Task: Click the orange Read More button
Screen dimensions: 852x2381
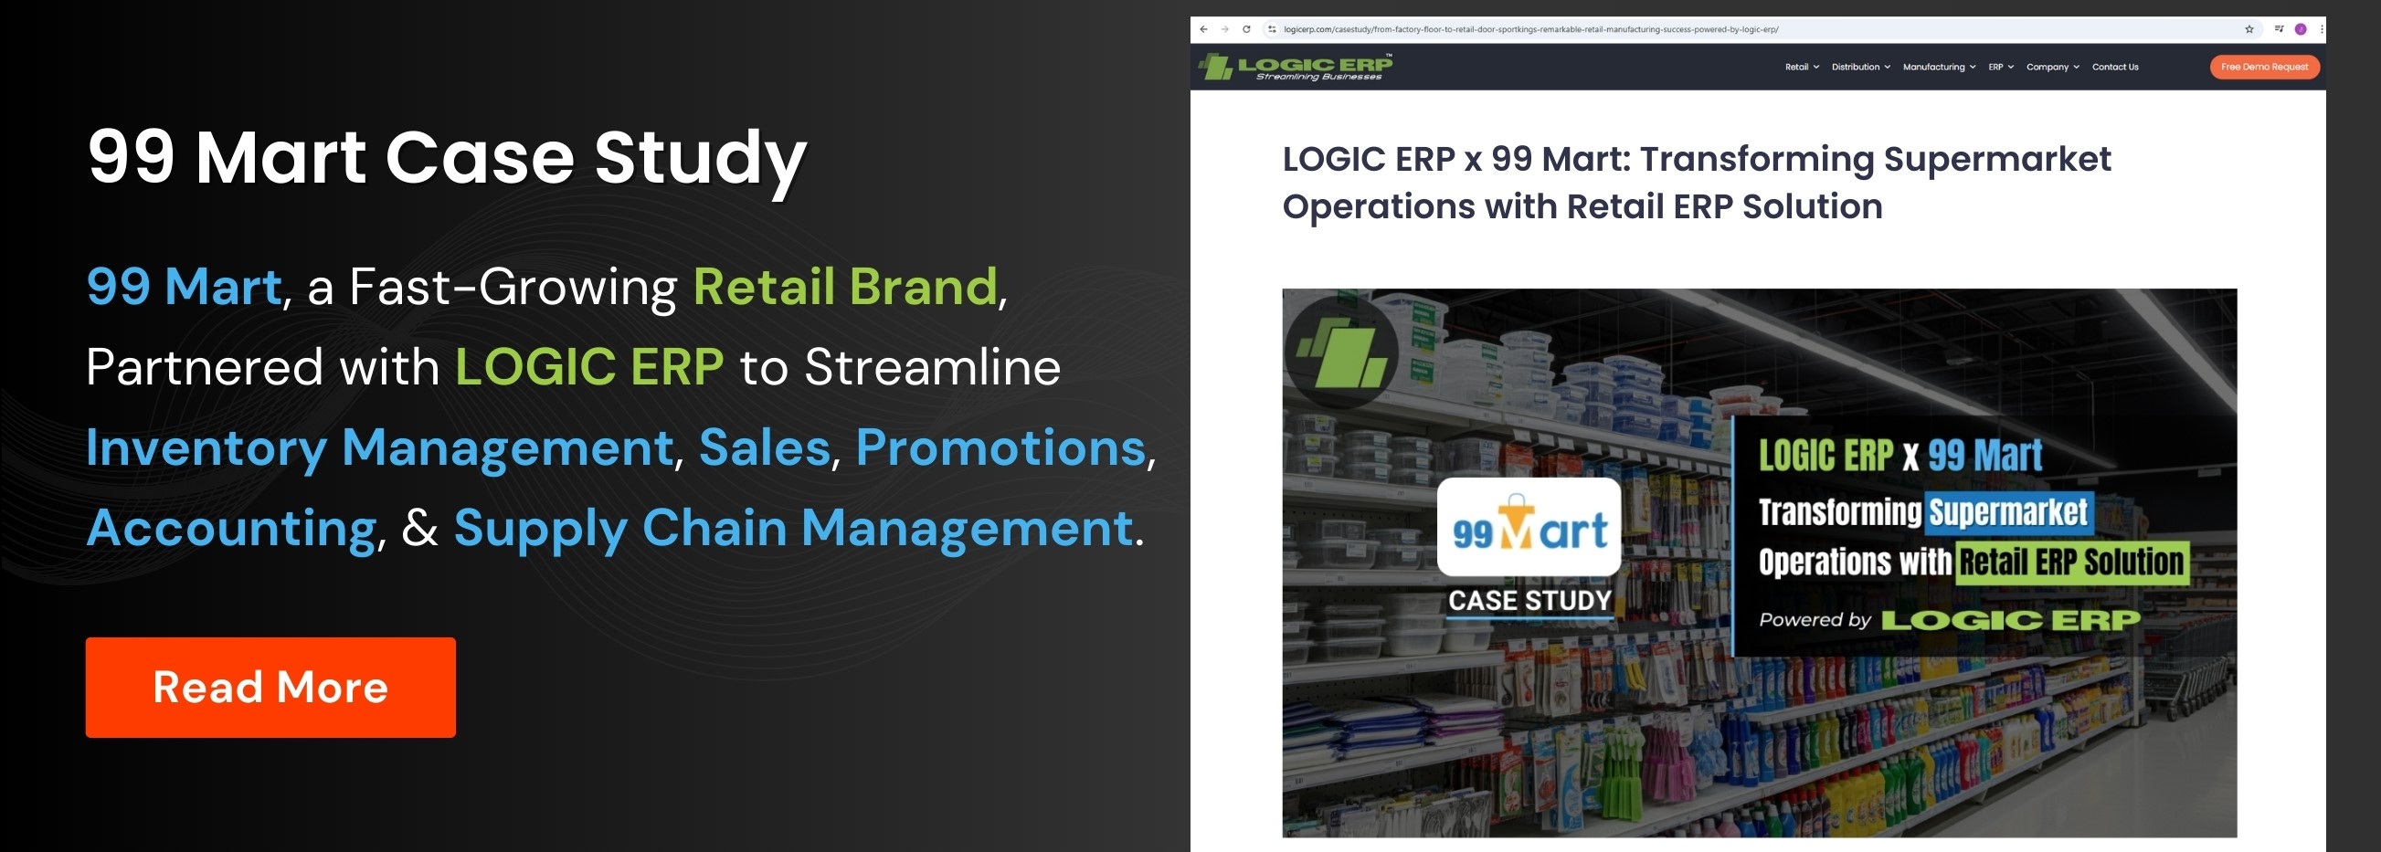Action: click(x=270, y=687)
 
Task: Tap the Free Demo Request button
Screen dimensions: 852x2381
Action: click(x=2264, y=67)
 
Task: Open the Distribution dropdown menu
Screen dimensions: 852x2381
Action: click(x=1859, y=67)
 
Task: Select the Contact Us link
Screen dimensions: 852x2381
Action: click(x=2115, y=67)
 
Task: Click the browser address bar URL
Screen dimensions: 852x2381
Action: click(x=1529, y=29)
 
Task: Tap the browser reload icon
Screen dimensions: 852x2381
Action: click(x=1246, y=29)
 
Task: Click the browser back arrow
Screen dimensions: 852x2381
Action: click(x=1203, y=29)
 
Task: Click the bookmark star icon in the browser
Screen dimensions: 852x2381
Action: click(x=2249, y=29)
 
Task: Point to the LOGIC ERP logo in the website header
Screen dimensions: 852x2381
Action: click(x=1295, y=67)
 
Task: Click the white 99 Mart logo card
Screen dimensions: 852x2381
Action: click(x=1529, y=527)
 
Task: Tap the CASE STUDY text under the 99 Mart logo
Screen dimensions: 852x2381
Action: click(x=1529, y=601)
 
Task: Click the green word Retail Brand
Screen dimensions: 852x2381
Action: click(x=845, y=287)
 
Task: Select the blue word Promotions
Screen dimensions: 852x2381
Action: click(x=1000, y=447)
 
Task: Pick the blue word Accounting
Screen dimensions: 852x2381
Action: click(x=231, y=528)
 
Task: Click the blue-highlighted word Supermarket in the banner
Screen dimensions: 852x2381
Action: click(x=2007, y=512)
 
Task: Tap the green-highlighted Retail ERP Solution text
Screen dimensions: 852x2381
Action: click(x=2070, y=562)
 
